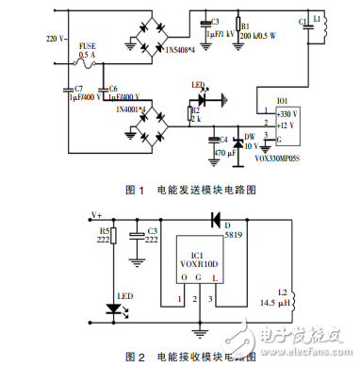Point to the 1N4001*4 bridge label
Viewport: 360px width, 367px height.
coord(133,110)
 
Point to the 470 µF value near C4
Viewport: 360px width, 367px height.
coord(223,152)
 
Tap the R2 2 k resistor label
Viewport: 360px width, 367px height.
coord(194,115)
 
